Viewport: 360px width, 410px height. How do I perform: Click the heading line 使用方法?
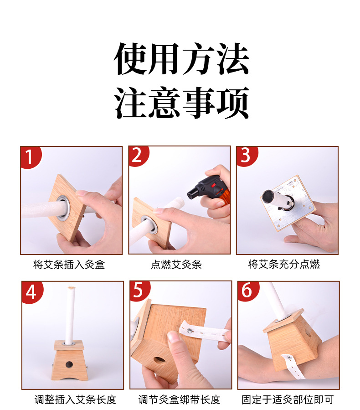(x=181, y=60)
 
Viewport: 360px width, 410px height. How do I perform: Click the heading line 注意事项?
(x=181, y=104)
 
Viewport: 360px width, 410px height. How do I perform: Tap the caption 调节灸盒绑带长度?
(x=180, y=400)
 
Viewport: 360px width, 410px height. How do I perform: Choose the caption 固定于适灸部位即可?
(x=288, y=400)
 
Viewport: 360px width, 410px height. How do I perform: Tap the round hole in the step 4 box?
(x=69, y=363)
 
